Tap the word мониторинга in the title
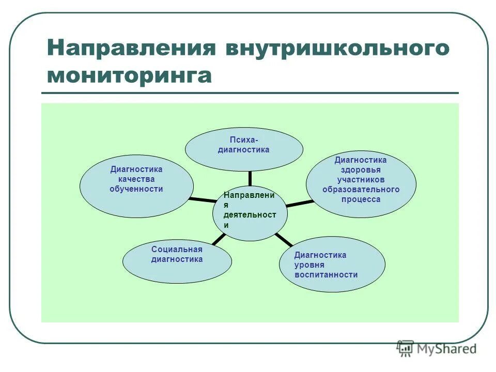[x=129, y=75]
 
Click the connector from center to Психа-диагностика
[x=250, y=178]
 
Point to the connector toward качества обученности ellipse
[x=202, y=199]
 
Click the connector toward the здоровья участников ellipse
[x=299, y=204]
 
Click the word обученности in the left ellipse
[x=136, y=189]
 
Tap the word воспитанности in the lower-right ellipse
[x=326, y=275]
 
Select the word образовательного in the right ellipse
[x=361, y=189]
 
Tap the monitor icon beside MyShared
[x=406, y=348]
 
